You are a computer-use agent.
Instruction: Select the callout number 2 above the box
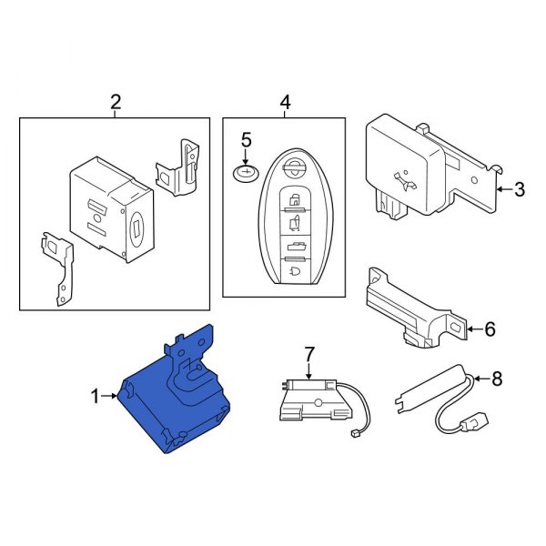coord(116,103)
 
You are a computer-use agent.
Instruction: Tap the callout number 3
coord(520,190)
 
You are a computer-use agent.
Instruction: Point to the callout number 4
coord(285,103)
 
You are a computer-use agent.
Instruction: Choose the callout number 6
coord(490,329)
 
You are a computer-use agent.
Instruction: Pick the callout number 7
coord(308,352)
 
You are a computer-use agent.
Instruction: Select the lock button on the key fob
coord(295,199)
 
